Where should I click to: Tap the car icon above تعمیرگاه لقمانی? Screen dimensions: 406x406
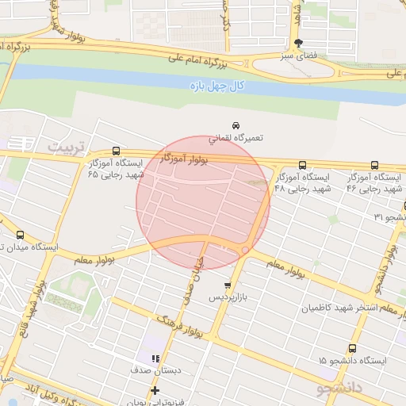[x=236, y=125]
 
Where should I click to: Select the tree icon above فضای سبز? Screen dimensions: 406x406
[x=298, y=44]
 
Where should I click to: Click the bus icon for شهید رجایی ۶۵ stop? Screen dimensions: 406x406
[x=117, y=151]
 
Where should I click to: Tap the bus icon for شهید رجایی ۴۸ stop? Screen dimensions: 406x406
[x=302, y=166]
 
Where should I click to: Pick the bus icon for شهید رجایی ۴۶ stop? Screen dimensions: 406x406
[x=374, y=165]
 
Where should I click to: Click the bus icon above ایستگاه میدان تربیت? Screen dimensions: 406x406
[x=21, y=235]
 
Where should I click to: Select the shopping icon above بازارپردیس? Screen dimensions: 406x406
[x=228, y=285]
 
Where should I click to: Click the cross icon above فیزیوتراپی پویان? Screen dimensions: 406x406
[x=155, y=389]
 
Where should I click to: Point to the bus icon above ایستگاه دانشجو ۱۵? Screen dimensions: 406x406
[x=352, y=348]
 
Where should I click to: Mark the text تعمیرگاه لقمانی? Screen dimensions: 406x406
[x=236, y=138]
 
